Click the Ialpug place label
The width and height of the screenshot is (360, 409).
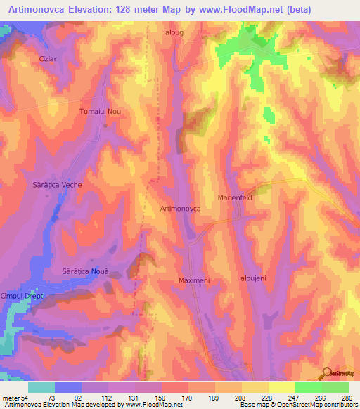tap(173, 32)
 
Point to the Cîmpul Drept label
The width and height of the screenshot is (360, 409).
tap(22, 296)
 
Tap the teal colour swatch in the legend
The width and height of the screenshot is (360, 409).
tap(41, 387)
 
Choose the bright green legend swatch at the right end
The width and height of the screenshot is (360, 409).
tap(335, 387)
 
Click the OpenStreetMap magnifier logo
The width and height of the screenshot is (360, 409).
tap(328, 373)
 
